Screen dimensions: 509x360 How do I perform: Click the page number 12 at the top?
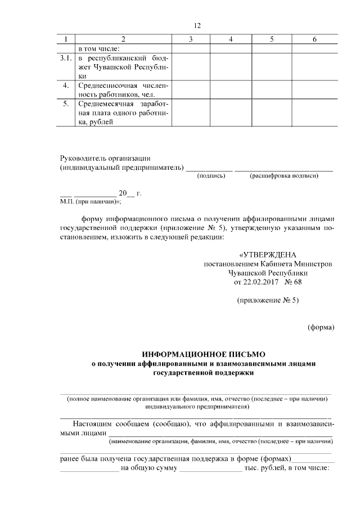197,25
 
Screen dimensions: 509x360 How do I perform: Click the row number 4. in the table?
67,85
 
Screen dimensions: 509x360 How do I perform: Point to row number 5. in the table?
67,104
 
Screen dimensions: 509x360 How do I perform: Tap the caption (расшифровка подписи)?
284,176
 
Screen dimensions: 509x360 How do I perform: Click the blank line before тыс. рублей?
210,469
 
